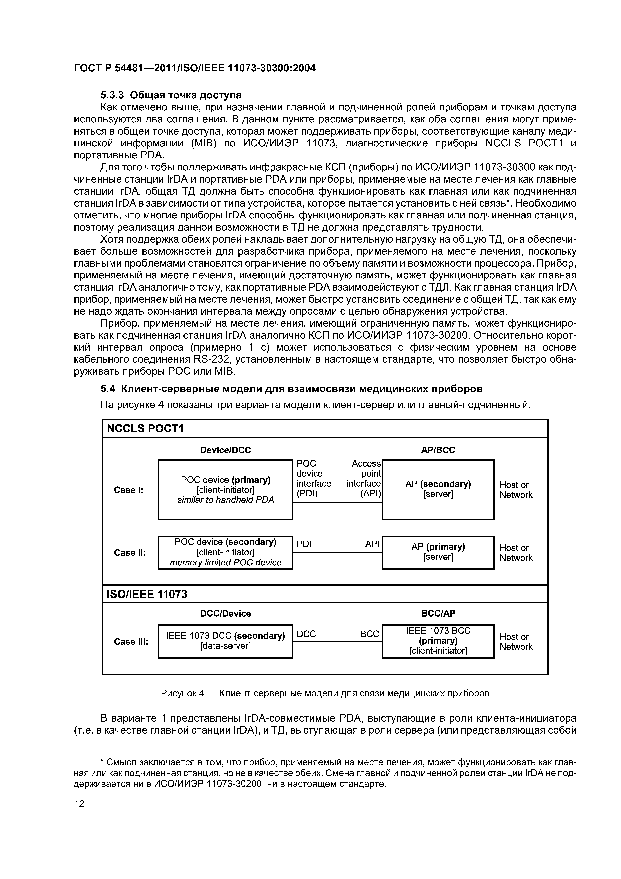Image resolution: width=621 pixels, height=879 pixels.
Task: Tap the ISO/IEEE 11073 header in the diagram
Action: click(x=147, y=594)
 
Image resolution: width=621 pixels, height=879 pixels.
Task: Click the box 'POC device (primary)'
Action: click(x=225, y=490)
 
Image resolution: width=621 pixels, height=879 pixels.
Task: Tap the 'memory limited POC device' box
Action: click(x=225, y=552)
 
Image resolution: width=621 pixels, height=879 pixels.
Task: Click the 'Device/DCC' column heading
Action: click(x=225, y=450)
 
